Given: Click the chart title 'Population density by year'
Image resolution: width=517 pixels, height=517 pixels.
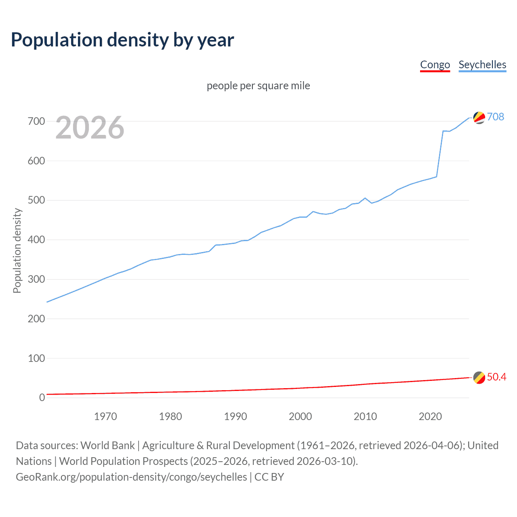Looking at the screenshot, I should (x=122, y=40).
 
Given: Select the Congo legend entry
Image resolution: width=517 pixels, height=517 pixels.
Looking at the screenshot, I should (x=435, y=65).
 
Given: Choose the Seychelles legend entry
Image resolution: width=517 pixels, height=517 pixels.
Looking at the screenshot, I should (x=482, y=65).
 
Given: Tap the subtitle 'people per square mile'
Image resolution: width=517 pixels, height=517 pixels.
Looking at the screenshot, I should (x=258, y=86).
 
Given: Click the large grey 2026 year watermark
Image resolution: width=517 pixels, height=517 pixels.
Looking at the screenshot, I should (x=90, y=128).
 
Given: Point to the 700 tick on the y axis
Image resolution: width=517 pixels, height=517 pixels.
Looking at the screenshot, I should (x=36, y=121).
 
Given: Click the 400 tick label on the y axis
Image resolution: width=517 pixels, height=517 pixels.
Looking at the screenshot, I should (x=36, y=240).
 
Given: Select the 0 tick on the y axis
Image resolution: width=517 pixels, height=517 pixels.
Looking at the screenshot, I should (x=42, y=398).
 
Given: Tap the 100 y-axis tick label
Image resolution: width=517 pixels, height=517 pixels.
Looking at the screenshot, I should (x=36, y=358).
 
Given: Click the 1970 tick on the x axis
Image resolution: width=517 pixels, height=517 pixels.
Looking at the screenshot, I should (x=105, y=416).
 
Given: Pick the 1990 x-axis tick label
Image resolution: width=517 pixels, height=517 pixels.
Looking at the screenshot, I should (x=235, y=416).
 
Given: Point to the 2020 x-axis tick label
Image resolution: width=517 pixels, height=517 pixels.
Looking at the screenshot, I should (x=430, y=416).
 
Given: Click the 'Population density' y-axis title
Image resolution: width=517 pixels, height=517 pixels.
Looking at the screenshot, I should (x=17, y=250).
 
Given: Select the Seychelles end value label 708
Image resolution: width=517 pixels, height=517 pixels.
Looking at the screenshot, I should (x=496, y=117).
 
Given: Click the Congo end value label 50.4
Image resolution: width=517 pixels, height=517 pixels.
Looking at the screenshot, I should (x=496, y=377).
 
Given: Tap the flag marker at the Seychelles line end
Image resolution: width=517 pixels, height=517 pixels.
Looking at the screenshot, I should (x=479, y=118).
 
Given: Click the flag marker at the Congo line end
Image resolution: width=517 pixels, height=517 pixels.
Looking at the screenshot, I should (x=479, y=377).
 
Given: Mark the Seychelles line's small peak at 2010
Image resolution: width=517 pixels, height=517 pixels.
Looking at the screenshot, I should (x=365, y=198).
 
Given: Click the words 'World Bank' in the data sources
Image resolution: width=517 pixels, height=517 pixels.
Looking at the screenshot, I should (x=107, y=446).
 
